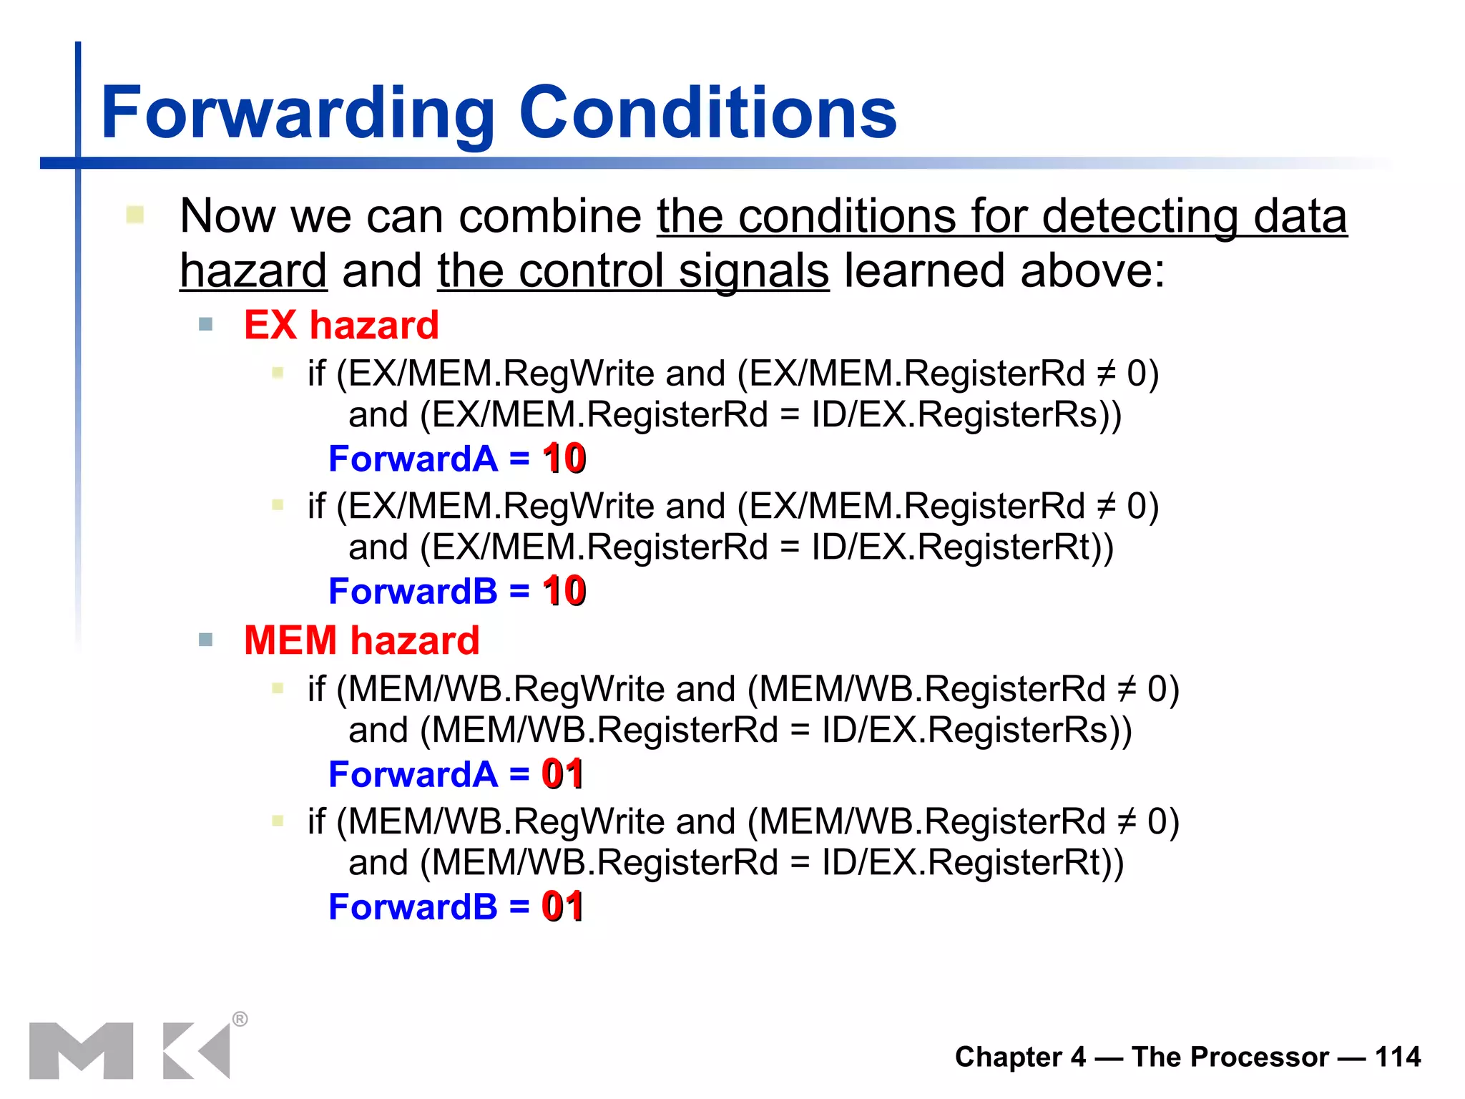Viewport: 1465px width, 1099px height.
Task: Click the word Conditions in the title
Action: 707,113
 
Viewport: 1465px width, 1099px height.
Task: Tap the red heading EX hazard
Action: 341,325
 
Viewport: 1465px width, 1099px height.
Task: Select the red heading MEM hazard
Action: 361,640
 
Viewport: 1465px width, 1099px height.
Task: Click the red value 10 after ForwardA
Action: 564,459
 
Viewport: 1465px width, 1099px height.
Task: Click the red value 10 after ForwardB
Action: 564,591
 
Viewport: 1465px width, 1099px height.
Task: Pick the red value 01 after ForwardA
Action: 562,774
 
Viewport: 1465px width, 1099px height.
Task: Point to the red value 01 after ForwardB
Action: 562,907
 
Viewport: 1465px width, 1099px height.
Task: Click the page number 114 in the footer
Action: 1397,1057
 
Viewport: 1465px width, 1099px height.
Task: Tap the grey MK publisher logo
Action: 129,1050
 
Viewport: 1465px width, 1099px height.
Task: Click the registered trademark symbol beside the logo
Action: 240,1019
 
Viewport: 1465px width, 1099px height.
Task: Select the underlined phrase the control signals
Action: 633,271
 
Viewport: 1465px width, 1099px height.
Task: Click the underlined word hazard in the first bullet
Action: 253,271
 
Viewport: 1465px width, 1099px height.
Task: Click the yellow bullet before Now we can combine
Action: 134,215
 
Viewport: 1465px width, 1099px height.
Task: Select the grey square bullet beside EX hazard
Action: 206,324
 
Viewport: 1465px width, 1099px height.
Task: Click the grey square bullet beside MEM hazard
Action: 206,639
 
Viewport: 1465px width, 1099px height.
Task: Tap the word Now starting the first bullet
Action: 227,216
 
